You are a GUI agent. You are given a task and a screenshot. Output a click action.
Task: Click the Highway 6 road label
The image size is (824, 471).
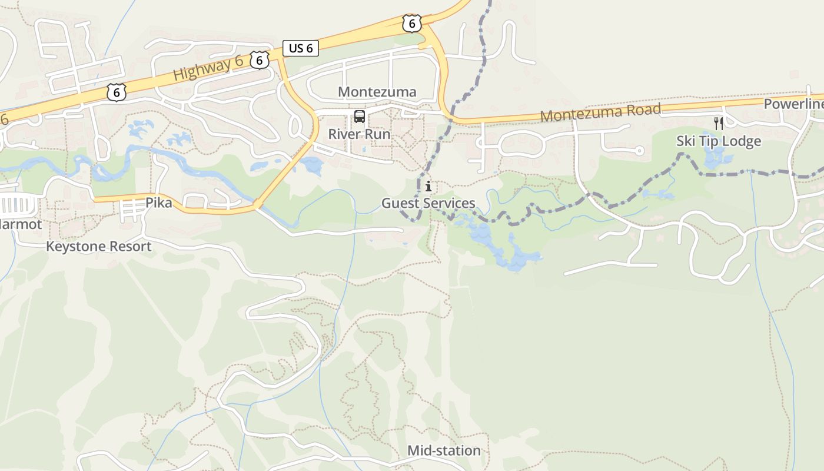[208, 68]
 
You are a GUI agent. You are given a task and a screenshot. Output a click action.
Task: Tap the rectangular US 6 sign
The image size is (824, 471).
[301, 48]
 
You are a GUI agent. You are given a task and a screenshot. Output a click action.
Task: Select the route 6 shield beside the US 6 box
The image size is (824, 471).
[259, 60]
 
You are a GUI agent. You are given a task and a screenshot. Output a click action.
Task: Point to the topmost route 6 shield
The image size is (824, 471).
[411, 23]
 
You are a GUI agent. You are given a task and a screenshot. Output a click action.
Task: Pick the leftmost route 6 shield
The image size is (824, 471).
[117, 92]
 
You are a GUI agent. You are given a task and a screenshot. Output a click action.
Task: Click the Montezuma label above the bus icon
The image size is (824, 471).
[377, 92]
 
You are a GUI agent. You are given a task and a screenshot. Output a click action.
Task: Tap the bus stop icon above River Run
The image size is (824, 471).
[359, 116]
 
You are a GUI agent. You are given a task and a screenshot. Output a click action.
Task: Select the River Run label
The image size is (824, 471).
[359, 134]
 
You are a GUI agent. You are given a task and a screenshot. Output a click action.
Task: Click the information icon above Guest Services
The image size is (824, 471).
[428, 187]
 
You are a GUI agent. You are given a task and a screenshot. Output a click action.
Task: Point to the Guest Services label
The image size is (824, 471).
[428, 204]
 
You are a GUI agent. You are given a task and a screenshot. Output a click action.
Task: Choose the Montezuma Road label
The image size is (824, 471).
[600, 112]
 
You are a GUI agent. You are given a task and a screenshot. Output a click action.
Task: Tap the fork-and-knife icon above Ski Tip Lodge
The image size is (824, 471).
[718, 124]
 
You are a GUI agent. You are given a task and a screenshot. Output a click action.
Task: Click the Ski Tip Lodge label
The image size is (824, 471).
[718, 141]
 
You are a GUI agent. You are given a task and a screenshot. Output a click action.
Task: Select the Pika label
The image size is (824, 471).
[159, 203]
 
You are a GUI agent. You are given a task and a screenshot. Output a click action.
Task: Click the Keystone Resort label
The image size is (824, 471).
[99, 246]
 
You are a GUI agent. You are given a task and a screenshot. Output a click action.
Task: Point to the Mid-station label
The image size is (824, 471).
[444, 451]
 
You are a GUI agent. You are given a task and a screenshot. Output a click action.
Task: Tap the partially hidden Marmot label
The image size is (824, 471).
[20, 224]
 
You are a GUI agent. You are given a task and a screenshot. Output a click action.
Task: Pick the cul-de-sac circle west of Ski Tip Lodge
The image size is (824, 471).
[639, 151]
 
